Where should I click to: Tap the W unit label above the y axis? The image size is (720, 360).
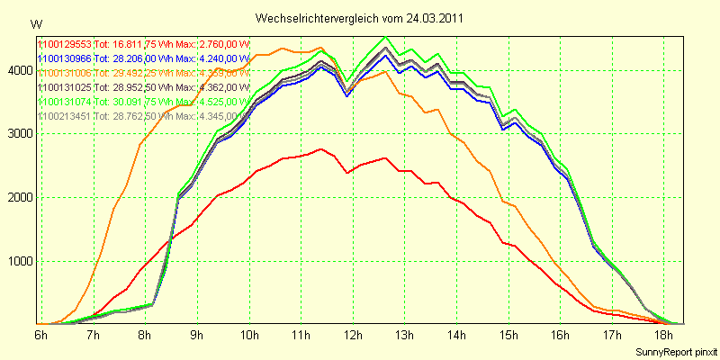[x=35, y=22]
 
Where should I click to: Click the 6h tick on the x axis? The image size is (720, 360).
[x=41, y=336]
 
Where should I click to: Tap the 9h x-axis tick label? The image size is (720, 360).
[x=197, y=336]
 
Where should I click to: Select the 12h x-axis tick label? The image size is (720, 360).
[x=353, y=336]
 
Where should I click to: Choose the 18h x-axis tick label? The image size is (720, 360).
[x=664, y=336]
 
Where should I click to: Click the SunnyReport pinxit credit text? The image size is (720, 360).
[x=676, y=351]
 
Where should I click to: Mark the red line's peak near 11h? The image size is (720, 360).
[x=321, y=148]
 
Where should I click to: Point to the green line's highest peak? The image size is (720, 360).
[x=385, y=38]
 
